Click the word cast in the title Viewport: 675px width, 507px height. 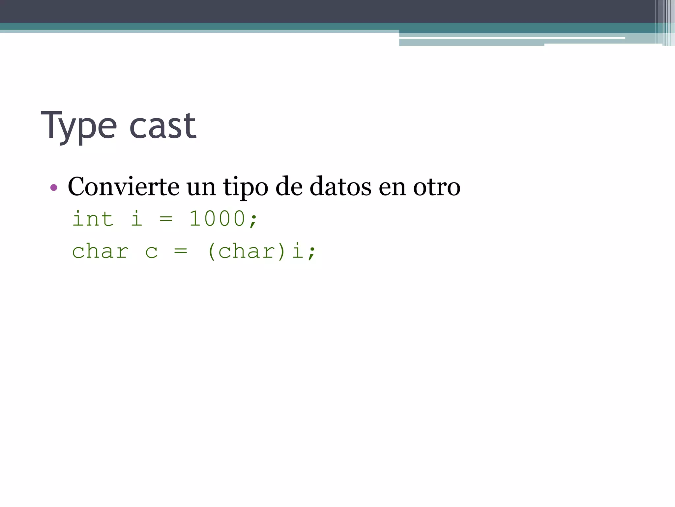click(x=163, y=126)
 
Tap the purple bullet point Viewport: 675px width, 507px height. click(x=54, y=188)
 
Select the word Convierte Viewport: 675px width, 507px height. click(x=124, y=186)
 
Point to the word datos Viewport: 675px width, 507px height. click(x=340, y=186)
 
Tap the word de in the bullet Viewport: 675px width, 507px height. click(x=289, y=186)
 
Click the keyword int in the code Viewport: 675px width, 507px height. click(x=93, y=219)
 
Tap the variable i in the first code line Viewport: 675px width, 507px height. click(x=136, y=219)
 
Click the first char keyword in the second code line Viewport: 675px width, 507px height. click(x=100, y=251)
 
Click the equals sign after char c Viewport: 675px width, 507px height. click(x=181, y=252)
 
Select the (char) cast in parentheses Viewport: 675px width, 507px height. click(x=246, y=252)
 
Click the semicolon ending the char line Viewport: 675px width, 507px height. click(x=312, y=253)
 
